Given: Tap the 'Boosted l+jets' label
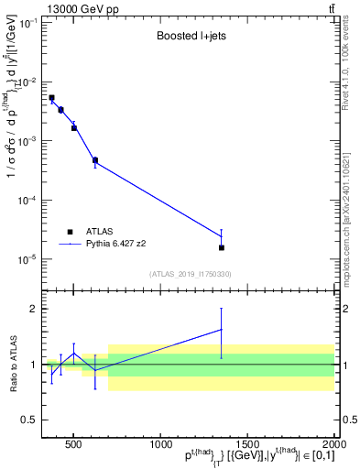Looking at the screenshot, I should (190, 38).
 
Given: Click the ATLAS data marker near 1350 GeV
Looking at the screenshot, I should (222, 247).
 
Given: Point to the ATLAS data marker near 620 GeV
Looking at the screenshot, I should (95, 160).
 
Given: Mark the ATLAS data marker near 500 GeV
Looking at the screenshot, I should (74, 128).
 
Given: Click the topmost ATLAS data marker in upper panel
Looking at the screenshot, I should (51, 97).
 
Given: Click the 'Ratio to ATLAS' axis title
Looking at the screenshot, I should (12, 365).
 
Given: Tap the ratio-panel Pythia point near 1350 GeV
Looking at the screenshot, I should (222, 330).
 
